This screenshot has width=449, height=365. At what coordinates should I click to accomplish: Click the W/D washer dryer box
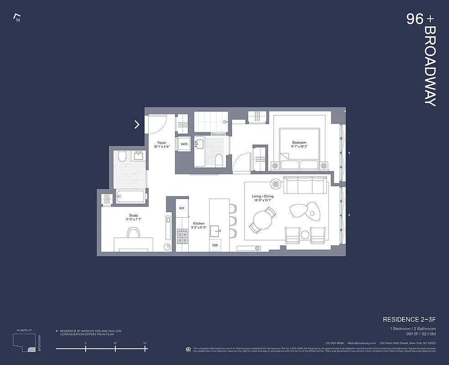click(x=184, y=144)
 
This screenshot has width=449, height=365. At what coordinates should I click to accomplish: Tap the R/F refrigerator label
click(x=182, y=208)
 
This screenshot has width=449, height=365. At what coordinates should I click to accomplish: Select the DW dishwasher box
click(x=215, y=245)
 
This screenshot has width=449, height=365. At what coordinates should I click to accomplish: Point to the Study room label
click(x=133, y=216)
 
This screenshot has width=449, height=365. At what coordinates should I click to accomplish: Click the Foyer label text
click(x=161, y=143)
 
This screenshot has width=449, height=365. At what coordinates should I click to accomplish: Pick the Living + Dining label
click(x=263, y=197)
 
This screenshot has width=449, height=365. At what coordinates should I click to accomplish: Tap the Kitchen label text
click(x=198, y=224)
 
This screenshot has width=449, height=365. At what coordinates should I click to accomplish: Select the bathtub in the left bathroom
click(x=130, y=197)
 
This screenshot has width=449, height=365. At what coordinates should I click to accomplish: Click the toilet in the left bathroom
click(x=121, y=157)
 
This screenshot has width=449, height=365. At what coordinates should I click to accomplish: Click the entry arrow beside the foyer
click(x=137, y=124)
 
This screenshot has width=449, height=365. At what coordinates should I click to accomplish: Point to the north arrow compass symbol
click(x=17, y=18)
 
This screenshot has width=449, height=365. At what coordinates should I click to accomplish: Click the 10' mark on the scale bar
click(x=115, y=349)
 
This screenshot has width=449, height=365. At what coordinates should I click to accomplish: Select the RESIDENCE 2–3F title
click(x=409, y=319)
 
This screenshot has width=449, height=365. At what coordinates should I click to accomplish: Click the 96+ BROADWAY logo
click(x=422, y=59)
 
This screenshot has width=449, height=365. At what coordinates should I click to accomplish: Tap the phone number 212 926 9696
click(x=335, y=343)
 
